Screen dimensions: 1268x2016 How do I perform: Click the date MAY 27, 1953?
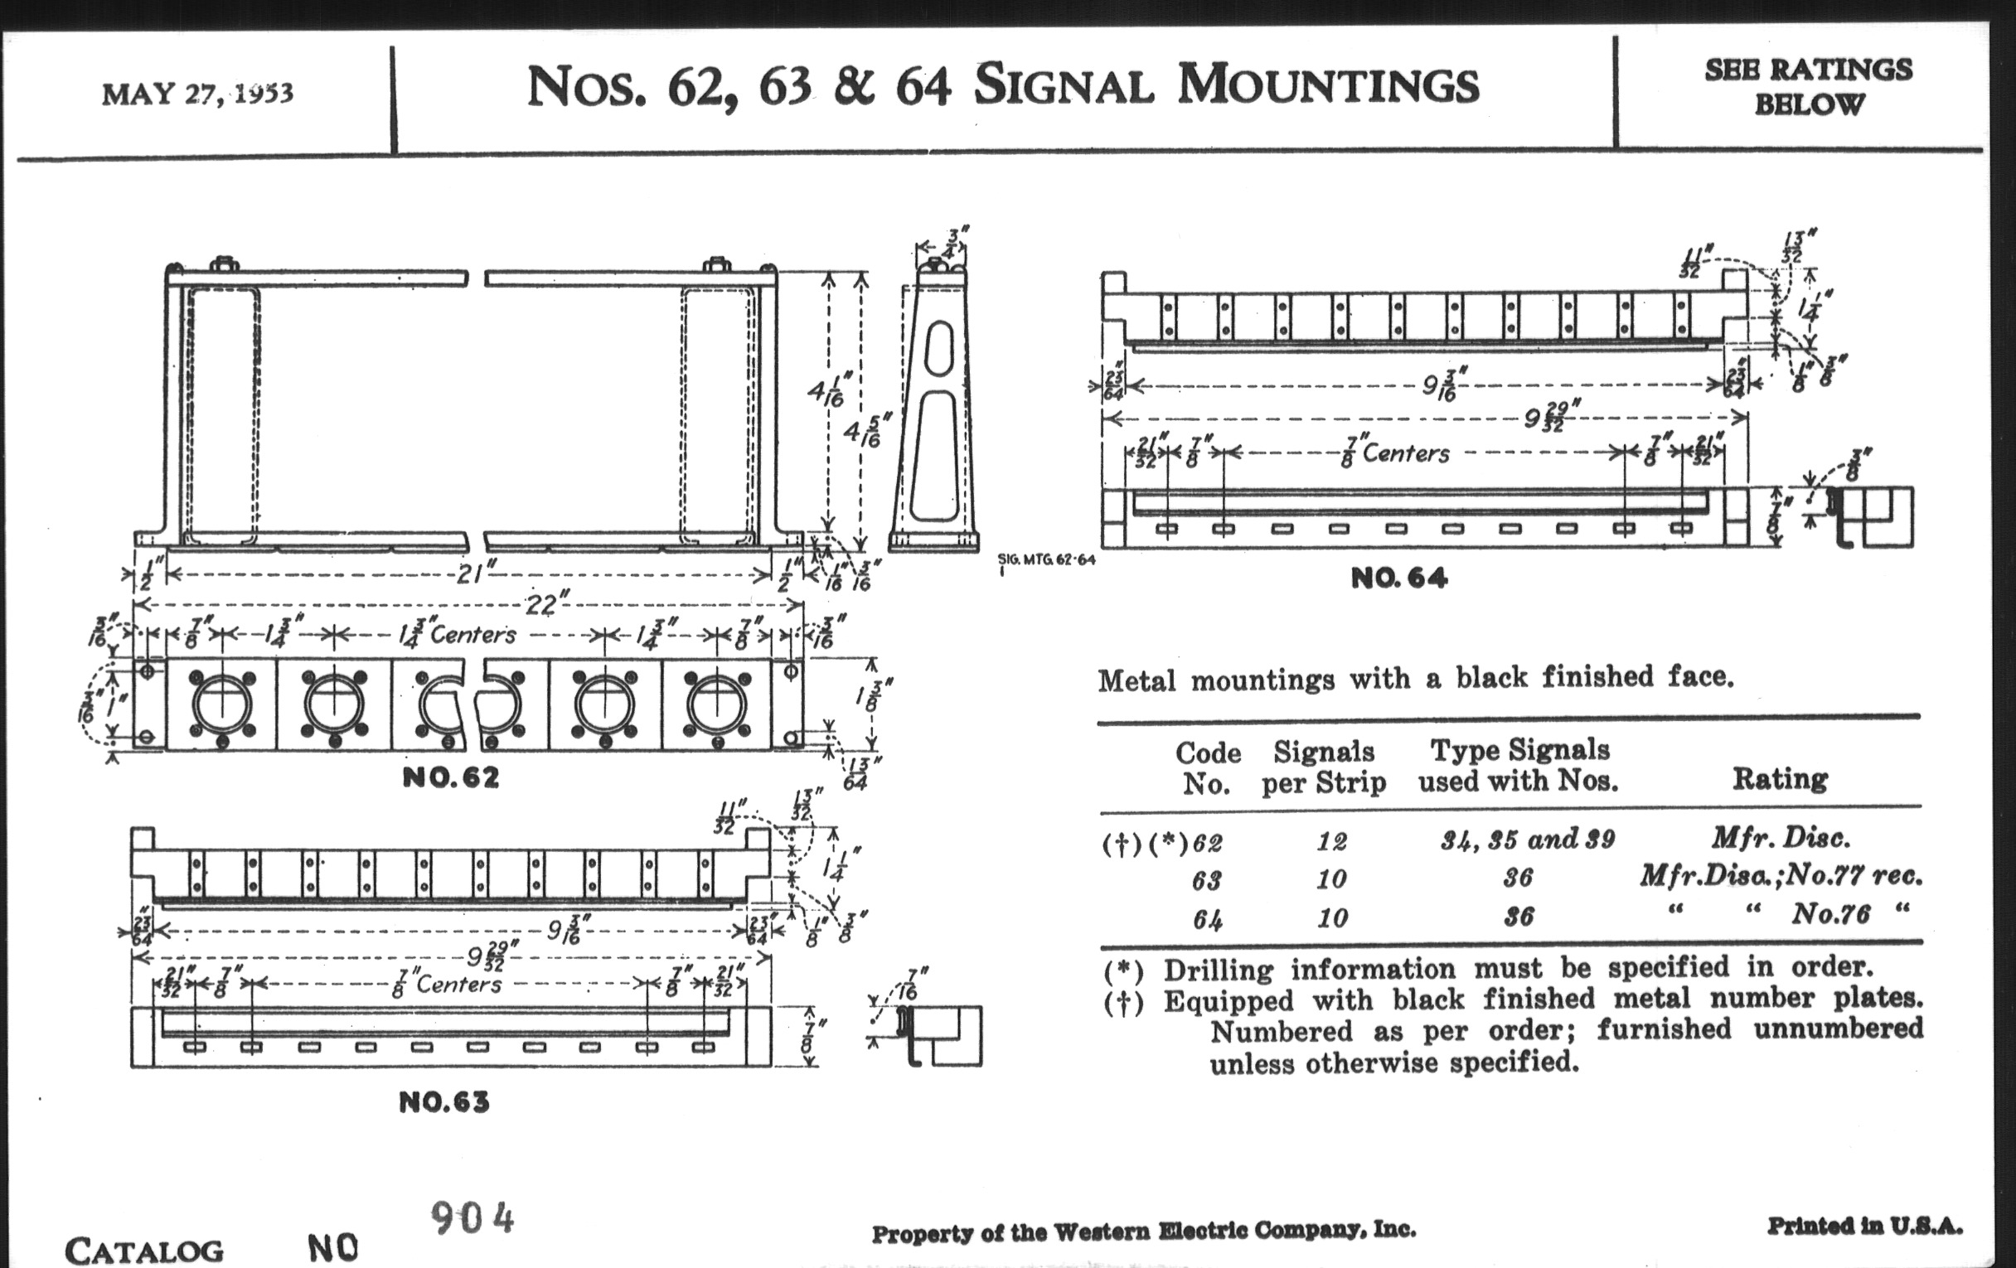click(x=197, y=93)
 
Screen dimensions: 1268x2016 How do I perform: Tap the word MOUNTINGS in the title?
click(x=1328, y=85)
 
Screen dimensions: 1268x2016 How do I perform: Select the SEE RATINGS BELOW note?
click(x=1809, y=86)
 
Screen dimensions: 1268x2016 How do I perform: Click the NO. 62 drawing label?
click(x=450, y=778)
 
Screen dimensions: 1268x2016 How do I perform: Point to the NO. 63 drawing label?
click(x=443, y=1102)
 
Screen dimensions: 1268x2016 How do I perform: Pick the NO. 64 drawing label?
click(x=1398, y=578)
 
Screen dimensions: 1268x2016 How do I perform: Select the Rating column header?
click(x=1779, y=779)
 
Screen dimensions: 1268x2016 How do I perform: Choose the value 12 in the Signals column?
click(x=1331, y=840)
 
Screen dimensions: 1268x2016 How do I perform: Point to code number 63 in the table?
click(x=1206, y=879)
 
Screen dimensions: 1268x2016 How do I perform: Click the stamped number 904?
click(x=472, y=1217)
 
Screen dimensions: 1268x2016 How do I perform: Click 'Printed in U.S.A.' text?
click(x=1864, y=1227)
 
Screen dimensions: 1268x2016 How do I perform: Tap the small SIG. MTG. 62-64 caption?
click(x=1045, y=559)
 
